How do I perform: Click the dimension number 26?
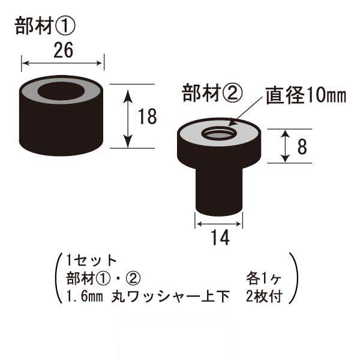[64, 50]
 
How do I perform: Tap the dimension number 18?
[148, 116]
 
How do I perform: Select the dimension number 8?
[302, 146]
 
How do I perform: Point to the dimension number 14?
[220, 238]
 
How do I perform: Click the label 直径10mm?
[306, 95]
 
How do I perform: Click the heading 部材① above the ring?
[45, 26]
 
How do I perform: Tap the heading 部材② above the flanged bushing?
[212, 93]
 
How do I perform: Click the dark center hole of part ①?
[61, 91]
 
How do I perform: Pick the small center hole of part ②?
[218, 134]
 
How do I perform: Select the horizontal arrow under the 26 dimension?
[62, 63]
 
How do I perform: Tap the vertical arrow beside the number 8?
[285, 146]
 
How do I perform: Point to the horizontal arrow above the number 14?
[219, 224]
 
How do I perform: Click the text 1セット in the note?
[91, 260]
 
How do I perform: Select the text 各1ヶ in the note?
[264, 278]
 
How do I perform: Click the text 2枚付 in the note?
[264, 296]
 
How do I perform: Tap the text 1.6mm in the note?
[84, 296]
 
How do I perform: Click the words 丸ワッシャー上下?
[170, 296]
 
